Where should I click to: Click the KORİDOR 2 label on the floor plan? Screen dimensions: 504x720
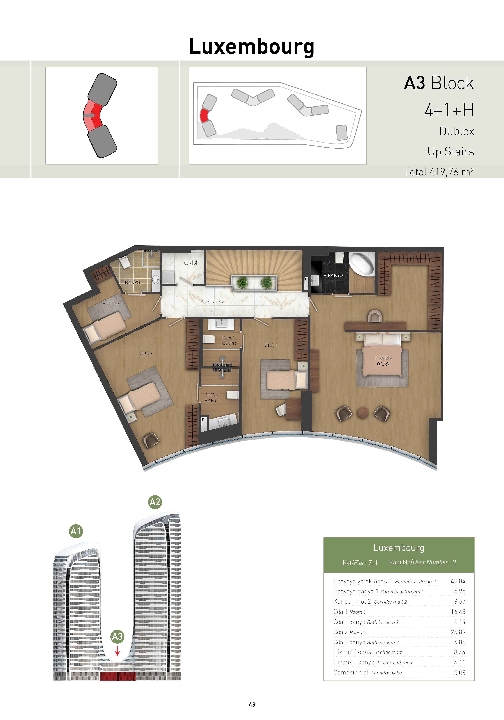coord(212,301)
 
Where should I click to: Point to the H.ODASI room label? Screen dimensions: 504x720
coord(111,304)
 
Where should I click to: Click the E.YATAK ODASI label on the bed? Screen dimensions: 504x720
coord(384,361)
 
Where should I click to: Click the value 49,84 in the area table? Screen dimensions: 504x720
coord(458,581)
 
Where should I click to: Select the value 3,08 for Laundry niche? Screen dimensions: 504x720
coord(459,673)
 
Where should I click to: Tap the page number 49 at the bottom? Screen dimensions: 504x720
coord(252,705)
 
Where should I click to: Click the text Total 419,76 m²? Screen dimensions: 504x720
coord(439,172)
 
